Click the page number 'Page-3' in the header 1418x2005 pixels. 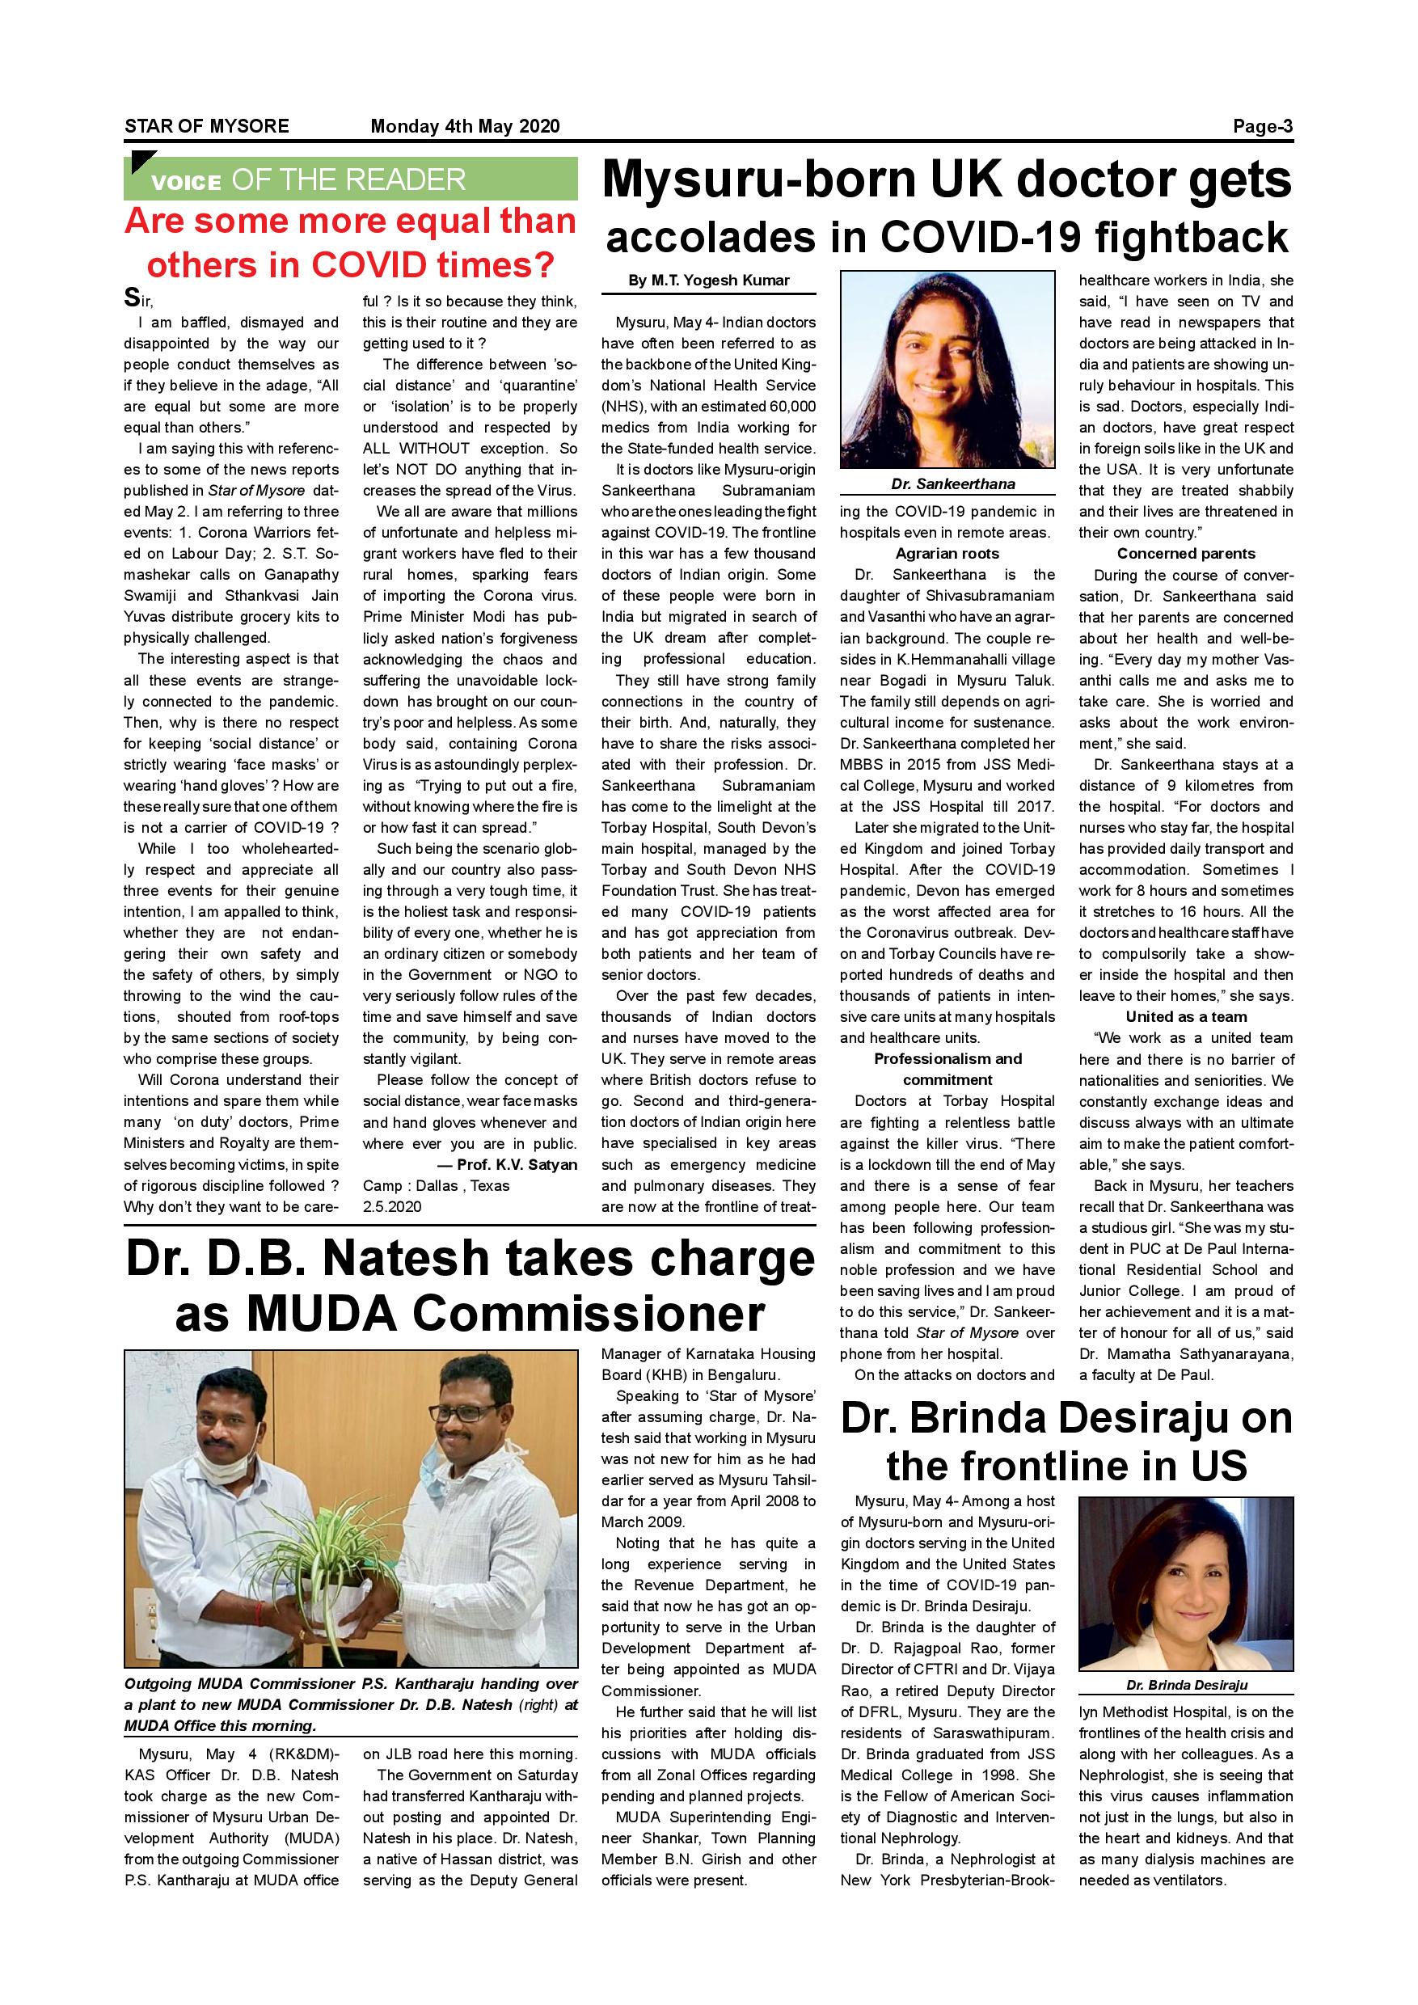1262,127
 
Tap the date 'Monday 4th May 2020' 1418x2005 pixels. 466,127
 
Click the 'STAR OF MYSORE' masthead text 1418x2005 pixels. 207,127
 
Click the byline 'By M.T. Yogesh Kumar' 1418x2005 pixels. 708,281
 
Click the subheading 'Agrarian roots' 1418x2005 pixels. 947,554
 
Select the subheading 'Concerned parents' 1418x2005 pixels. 1186,554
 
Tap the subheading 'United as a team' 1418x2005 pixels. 1186,1016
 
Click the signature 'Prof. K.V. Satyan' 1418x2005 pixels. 517,1165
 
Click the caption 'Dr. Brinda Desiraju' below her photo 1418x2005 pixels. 1186,1685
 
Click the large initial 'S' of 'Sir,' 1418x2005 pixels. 131,298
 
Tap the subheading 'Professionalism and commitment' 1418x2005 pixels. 947,1069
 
